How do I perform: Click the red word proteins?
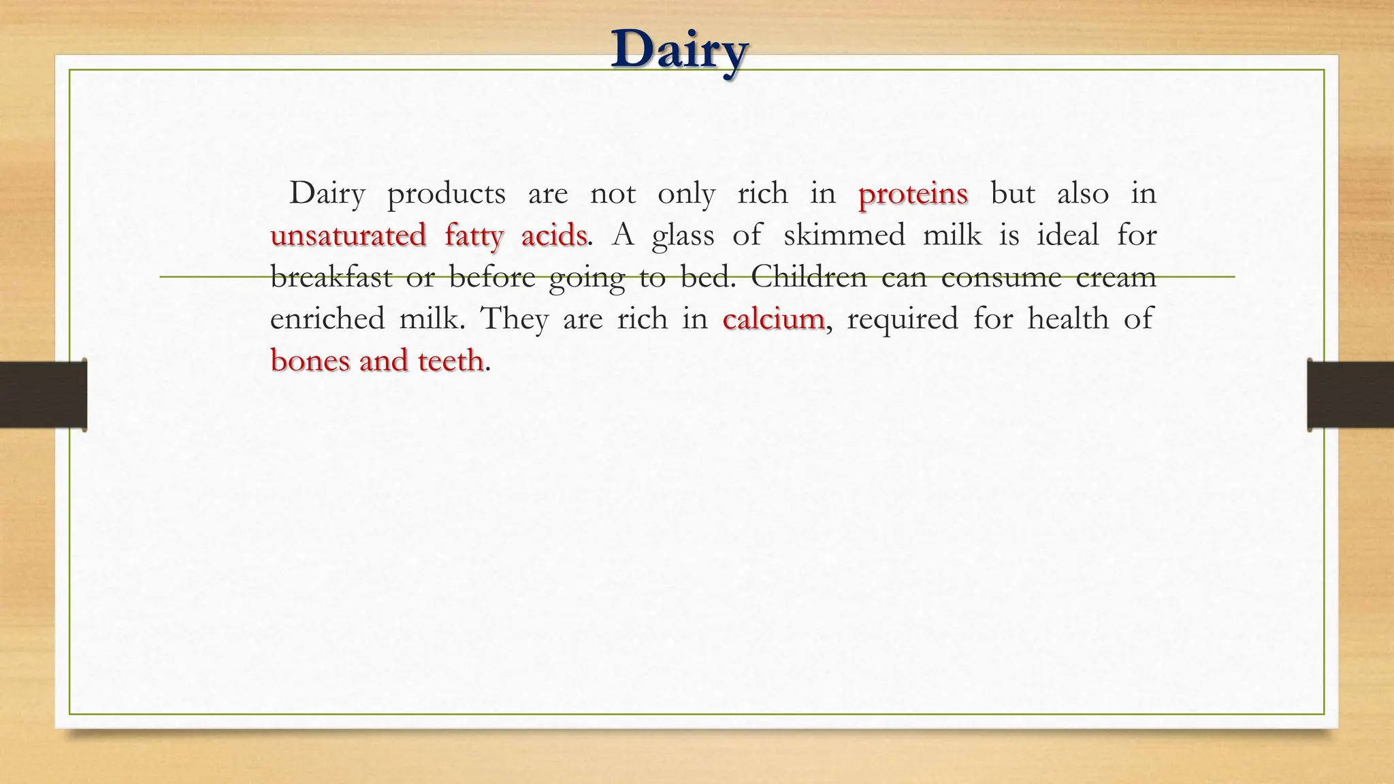913,195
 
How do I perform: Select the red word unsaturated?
348,235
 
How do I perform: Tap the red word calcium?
773,318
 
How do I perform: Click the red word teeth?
451,360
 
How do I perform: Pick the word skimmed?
844,235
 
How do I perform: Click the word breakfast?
331,277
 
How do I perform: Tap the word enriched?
327,318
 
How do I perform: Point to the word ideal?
1067,235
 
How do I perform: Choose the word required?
902,320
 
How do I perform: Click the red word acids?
553,235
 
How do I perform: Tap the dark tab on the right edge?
1350,395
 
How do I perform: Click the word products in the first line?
446,195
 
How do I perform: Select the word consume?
1001,277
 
